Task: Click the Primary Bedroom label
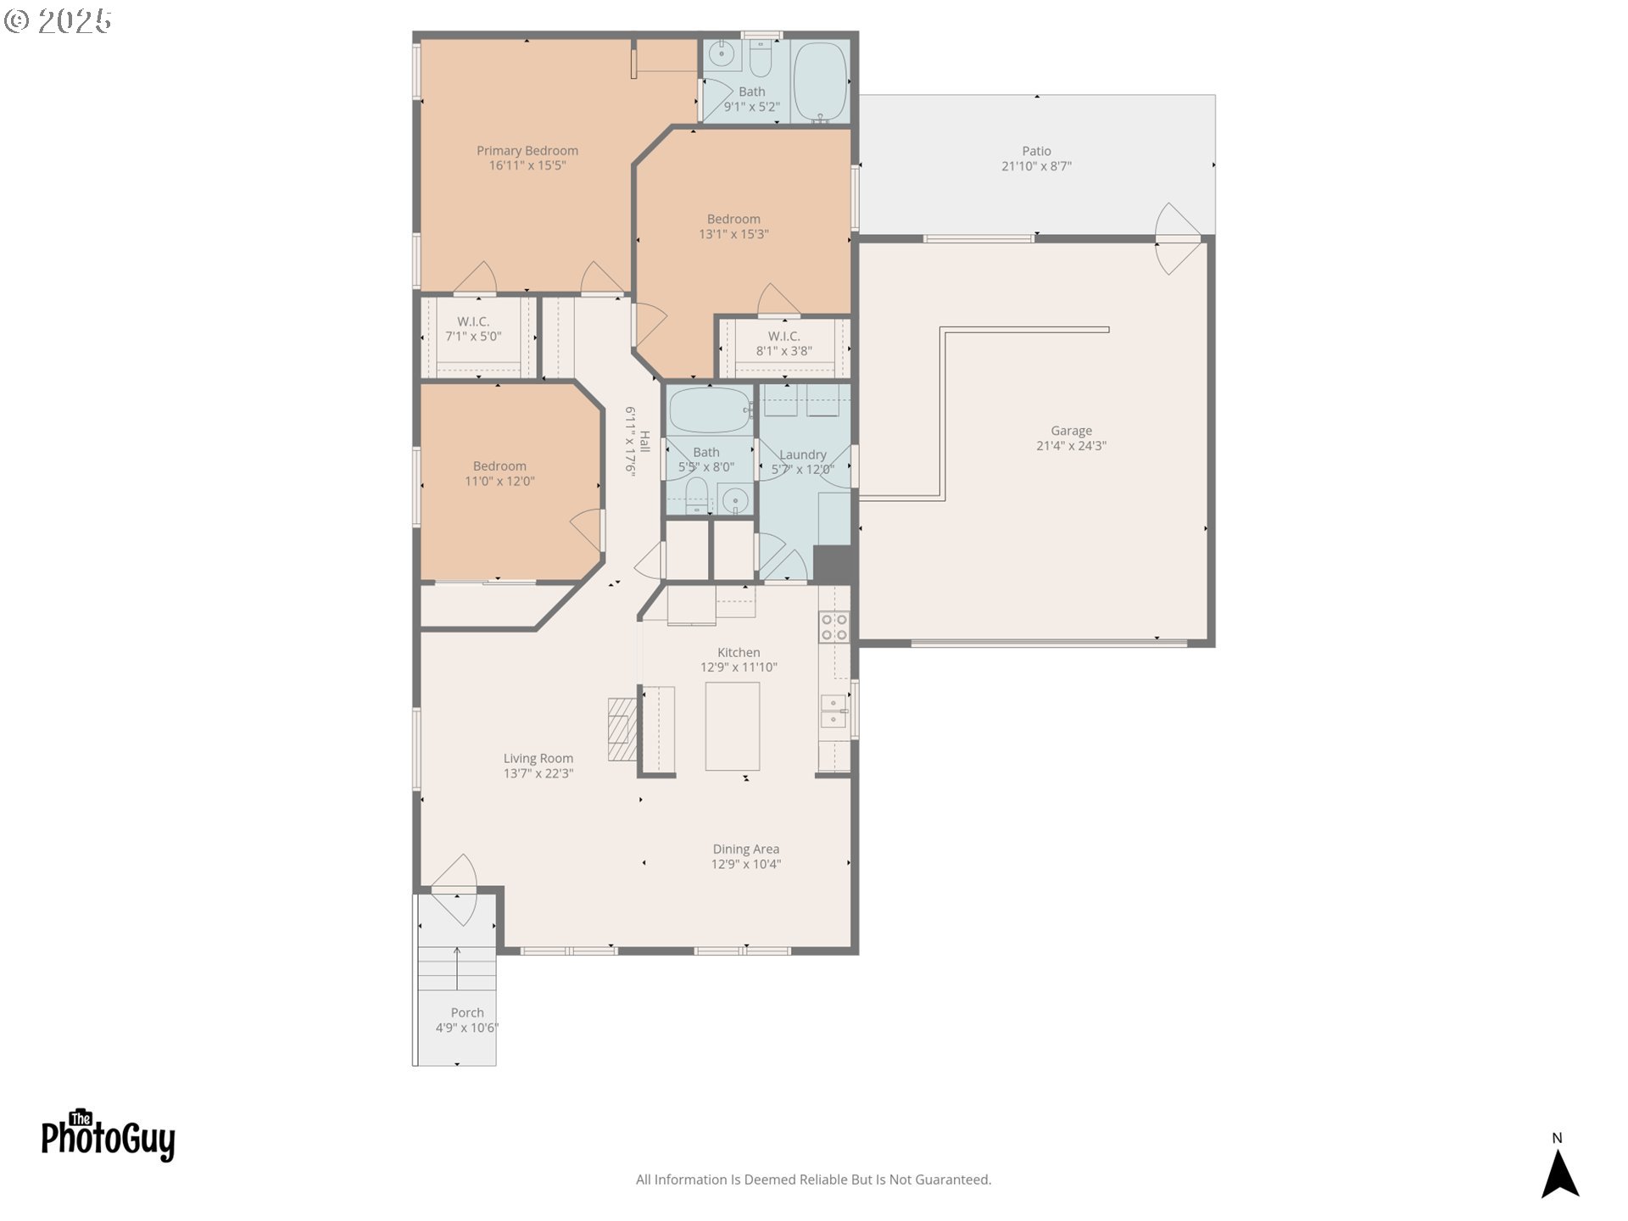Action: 527,151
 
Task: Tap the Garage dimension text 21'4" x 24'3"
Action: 1071,446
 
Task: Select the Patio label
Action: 1036,151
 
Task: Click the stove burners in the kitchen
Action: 834,627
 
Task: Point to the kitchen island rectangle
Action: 732,727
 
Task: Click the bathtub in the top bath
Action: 820,81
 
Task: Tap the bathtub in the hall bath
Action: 708,410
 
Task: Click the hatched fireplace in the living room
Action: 622,729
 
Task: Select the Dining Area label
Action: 745,849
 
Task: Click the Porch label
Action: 467,1012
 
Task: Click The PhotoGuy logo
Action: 108,1136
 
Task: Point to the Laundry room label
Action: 802,454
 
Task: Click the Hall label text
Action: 644,441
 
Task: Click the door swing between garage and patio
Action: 1177,238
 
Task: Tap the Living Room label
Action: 538,758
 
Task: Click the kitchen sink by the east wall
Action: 834,711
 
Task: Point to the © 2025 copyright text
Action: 58,21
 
